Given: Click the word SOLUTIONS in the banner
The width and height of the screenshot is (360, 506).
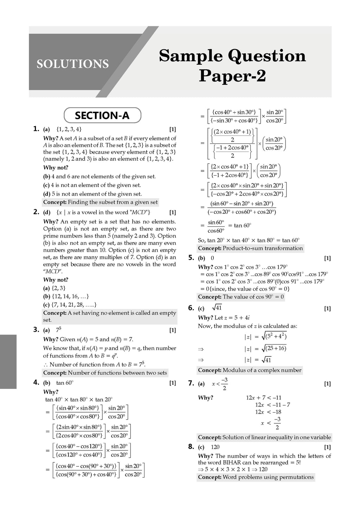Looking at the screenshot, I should [72, 64].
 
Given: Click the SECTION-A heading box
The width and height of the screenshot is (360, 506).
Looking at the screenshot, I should [102, 115].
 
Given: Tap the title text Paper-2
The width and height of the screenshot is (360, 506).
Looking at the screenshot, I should [232, 76].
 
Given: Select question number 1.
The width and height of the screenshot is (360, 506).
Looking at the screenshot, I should [36, 129].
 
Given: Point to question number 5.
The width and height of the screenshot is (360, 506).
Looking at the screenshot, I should [191, 258].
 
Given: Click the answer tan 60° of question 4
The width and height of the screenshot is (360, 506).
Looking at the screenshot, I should [65, 383].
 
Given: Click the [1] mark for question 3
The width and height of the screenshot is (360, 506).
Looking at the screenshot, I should [172, 330].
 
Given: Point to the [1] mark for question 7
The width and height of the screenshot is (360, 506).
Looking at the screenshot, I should [327, 384].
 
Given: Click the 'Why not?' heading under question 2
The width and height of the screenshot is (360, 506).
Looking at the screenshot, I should [56, 280].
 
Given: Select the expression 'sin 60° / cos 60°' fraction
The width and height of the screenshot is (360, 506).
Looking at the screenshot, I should [216, 227].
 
